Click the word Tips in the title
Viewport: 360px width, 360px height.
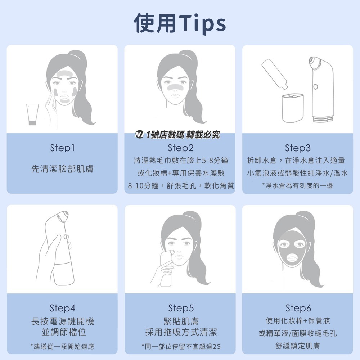click(202, 23)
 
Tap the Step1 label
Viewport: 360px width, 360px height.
click(62, 148)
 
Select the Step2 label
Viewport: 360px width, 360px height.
click(180, 148)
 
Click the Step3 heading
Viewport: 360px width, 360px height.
click(298, 148)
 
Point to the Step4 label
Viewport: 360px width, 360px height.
click(62, 308)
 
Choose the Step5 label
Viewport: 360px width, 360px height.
click(181, 308)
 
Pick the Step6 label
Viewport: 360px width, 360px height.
click(298, 308)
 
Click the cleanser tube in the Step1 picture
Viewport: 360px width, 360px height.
click(33, 114)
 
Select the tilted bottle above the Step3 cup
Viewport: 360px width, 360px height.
click(275, 74)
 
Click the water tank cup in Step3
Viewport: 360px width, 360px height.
click(293, 108)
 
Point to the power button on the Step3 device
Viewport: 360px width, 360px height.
click(316, 86)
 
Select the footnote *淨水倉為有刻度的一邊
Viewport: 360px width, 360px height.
click(298, 185)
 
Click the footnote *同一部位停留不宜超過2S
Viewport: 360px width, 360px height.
click(181, 346)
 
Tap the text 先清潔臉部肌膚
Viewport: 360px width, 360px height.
click(62, 169)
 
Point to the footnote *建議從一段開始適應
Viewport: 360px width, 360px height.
click(62, 346)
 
